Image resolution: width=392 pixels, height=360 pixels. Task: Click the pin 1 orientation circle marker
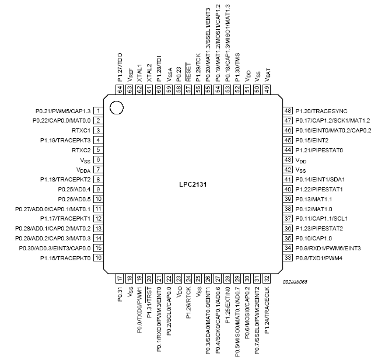(117, 107)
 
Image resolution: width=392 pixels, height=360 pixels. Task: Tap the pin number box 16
(99, 257)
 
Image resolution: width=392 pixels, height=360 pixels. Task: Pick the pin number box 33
(287, 257)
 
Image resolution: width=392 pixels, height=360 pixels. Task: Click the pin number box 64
(120, 89)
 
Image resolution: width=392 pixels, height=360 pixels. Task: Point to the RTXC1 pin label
(79, 130)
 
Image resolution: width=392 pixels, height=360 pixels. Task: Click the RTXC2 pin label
(79, 149)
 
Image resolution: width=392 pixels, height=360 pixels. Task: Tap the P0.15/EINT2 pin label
(312, 140)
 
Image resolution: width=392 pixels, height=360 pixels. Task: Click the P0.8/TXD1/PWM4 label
(318, 257)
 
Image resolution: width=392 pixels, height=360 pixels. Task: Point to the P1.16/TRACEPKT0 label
(65, 257)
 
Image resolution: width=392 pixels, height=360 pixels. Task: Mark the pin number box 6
(99, 159)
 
